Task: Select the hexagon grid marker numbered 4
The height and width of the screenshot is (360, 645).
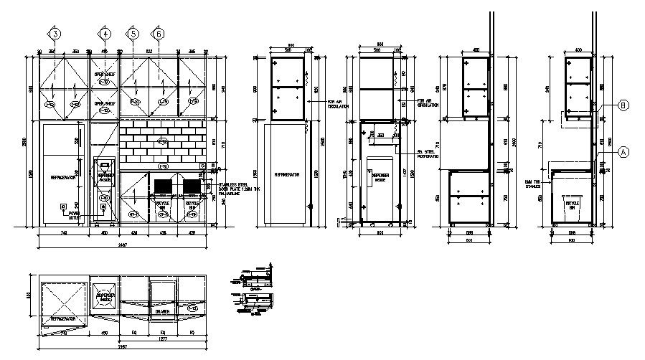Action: coord(105,34)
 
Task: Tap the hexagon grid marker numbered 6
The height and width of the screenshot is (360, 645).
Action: coord(157,34)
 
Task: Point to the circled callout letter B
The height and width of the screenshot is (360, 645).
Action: coord(623,105)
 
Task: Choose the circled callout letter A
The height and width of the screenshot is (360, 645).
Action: coord(623,151)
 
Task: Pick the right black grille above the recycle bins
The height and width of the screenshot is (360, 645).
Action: coord(192,186)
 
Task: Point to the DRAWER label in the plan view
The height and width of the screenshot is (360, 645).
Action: coord(162,312)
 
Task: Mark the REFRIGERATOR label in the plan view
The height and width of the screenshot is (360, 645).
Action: coord(63,317)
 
